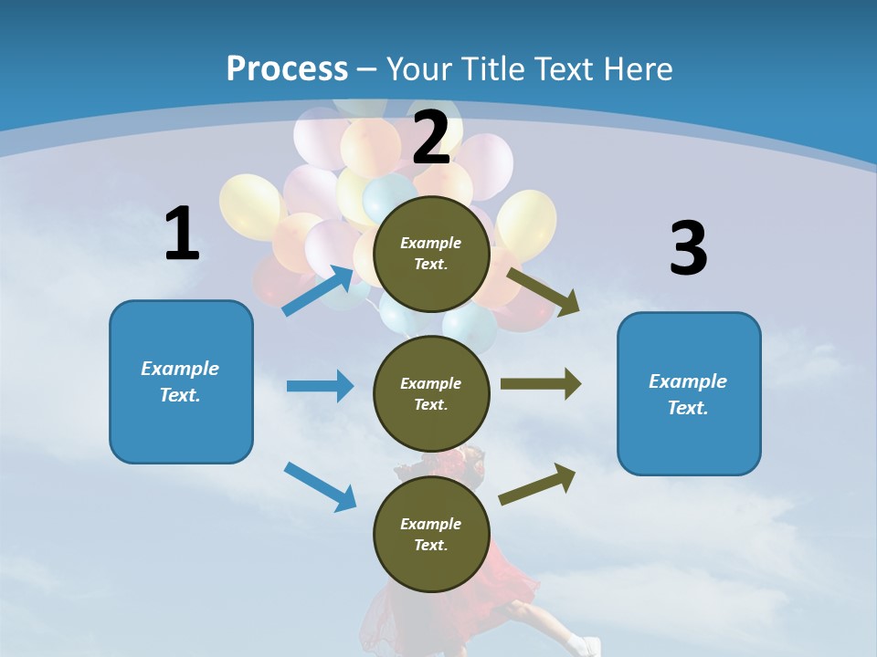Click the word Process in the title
pos(287,68)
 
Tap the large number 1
pos(182,235)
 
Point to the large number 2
pos(431,138)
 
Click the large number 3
pos(688,249)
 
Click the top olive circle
pos(431,254)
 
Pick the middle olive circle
pos(431,393)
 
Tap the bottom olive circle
pos(431,534)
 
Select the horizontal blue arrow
pos(320,386)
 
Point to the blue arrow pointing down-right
pos(321,486)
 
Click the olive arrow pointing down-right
pos(544,292)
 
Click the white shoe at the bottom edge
pos(581,646)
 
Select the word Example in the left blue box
pos(180,369)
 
